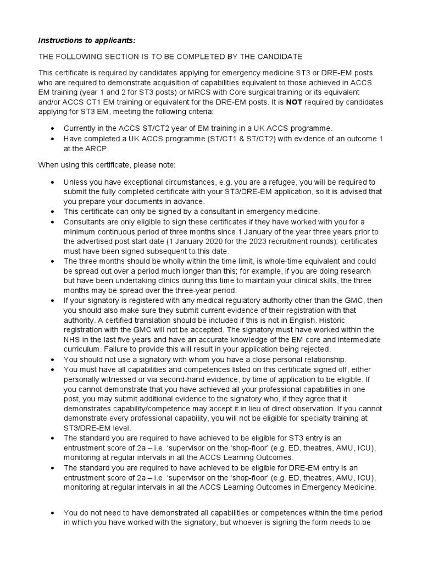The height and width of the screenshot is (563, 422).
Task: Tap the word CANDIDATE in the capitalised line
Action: pyautogui.click(x=276, y=57)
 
